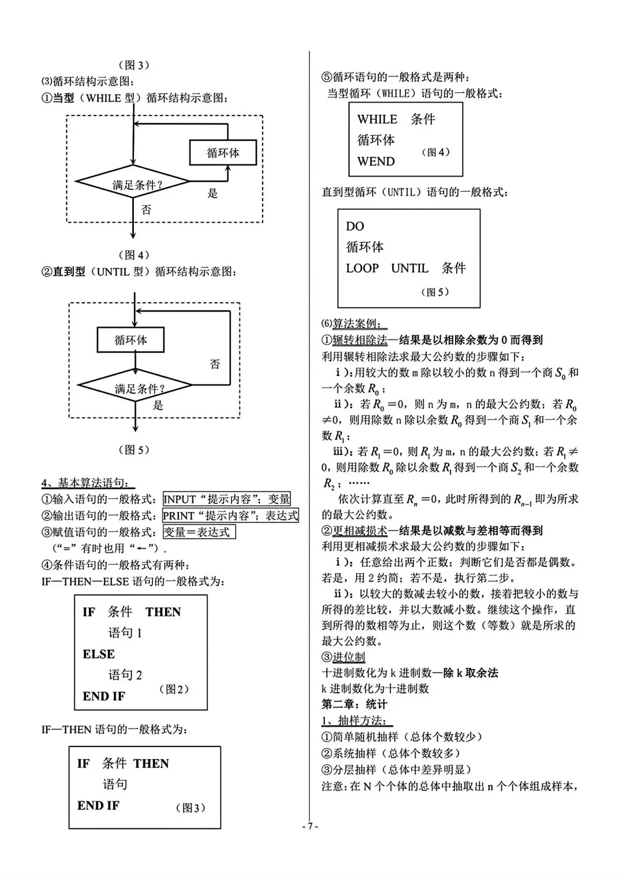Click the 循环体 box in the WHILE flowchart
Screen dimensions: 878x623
(x=223, y=153)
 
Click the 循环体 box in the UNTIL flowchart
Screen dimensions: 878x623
(x=130, y=340)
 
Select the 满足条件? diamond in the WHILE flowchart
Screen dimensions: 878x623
(x=133, y=185)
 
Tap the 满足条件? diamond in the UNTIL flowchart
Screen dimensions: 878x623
(x=135, y=388)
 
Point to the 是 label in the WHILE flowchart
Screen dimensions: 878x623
(x=212, y=194)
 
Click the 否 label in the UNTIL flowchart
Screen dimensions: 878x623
(x=215, y=364)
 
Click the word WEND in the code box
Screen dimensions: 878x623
(x=376, y=162)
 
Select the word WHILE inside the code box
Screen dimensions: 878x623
(x=377, y=119)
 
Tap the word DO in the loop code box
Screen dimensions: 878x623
(x=355, y=226)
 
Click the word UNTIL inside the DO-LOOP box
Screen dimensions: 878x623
(x=410, y=268)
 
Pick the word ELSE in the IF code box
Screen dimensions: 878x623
(x=99, y=654)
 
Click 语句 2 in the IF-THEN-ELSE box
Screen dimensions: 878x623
(x=125, y=675)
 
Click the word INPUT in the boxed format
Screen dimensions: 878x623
(x=179, y=499)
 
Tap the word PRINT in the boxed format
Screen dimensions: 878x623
(x=178, y=516)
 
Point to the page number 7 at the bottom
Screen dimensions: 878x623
(x=310, y=826)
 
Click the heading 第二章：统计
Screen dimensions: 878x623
(x=354, y=704)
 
